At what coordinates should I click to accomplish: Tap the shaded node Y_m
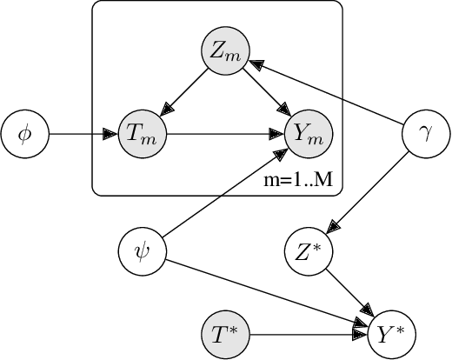click(x=308, y=135)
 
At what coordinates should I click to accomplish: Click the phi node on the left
click(x=23, y=135)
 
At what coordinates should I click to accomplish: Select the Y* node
click(x=391, y=333)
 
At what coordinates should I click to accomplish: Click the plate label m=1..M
click(x=302, y=181)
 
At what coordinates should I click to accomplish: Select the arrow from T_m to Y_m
click(x=223, y=135)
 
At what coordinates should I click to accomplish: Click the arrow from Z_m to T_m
click(x=182, y=94)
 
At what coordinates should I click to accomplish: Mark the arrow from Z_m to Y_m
click(x=265, y=94)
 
